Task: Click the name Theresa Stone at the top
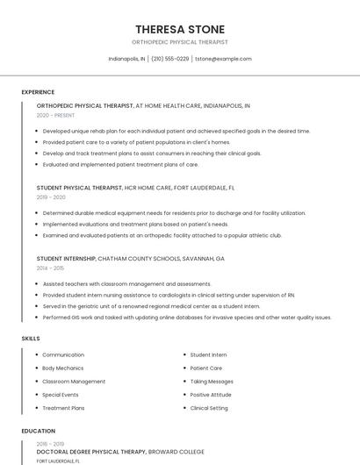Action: click(179, 29)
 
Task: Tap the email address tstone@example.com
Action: click(223, 59)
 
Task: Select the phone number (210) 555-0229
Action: click(170, 59)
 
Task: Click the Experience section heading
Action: click(38, 92)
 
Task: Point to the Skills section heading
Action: click(31, 338)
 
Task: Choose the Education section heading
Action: click(38, 431)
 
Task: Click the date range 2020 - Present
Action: click(55, 115)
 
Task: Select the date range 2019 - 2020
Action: click(51, 197)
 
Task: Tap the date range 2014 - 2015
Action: click(51, 268)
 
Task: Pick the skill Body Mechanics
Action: click(63, 368)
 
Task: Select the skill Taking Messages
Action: click(212, 382)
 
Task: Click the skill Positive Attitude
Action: click(212, 395)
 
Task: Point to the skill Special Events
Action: click(61, 395)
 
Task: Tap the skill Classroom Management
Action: click(74, 382)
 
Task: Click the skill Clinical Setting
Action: click(209, 408)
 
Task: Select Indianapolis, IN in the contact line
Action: click(127, 59)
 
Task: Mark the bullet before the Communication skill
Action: click(36, 355)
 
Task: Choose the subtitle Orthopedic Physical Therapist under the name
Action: click(179, 42)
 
